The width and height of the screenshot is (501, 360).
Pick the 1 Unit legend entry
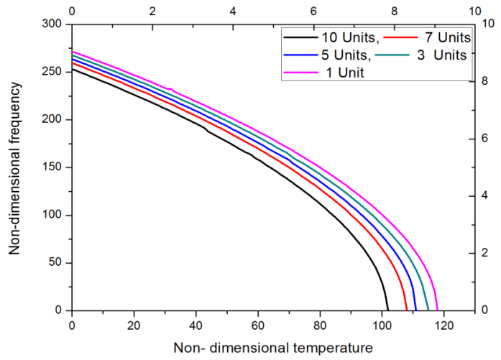tap(338, 72)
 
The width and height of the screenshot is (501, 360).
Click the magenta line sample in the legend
tap(298, 72)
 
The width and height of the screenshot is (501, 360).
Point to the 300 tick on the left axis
tap(54, 24)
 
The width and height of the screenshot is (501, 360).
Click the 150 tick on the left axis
tap(54, 167)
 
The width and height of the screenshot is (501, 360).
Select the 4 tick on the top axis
tap(232, 11)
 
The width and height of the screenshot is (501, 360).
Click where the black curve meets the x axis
tap(387, 310)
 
